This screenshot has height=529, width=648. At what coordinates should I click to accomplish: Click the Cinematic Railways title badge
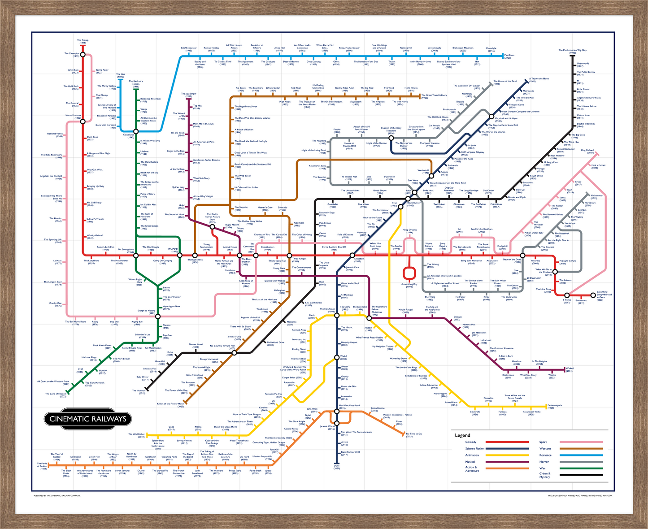point(88,419)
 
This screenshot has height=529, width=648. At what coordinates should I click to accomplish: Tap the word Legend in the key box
point(462,435)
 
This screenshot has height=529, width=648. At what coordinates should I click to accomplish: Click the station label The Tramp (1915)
point(83,41)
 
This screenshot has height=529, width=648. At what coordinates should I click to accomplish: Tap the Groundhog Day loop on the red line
point(409,273)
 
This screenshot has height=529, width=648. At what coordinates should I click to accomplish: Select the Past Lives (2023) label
point(510,56)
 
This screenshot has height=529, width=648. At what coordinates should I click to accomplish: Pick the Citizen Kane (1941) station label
point(583,116)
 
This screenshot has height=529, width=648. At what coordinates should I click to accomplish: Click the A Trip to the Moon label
point(539,79)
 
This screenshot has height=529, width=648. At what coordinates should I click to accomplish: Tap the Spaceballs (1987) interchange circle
point(352,256)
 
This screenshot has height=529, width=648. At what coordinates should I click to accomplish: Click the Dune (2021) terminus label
point(337,467)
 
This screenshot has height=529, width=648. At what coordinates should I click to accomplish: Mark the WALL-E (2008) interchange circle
point(337,357)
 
